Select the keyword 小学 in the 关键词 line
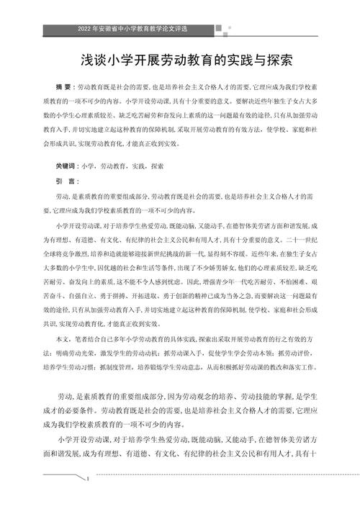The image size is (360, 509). tap(89, 165)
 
